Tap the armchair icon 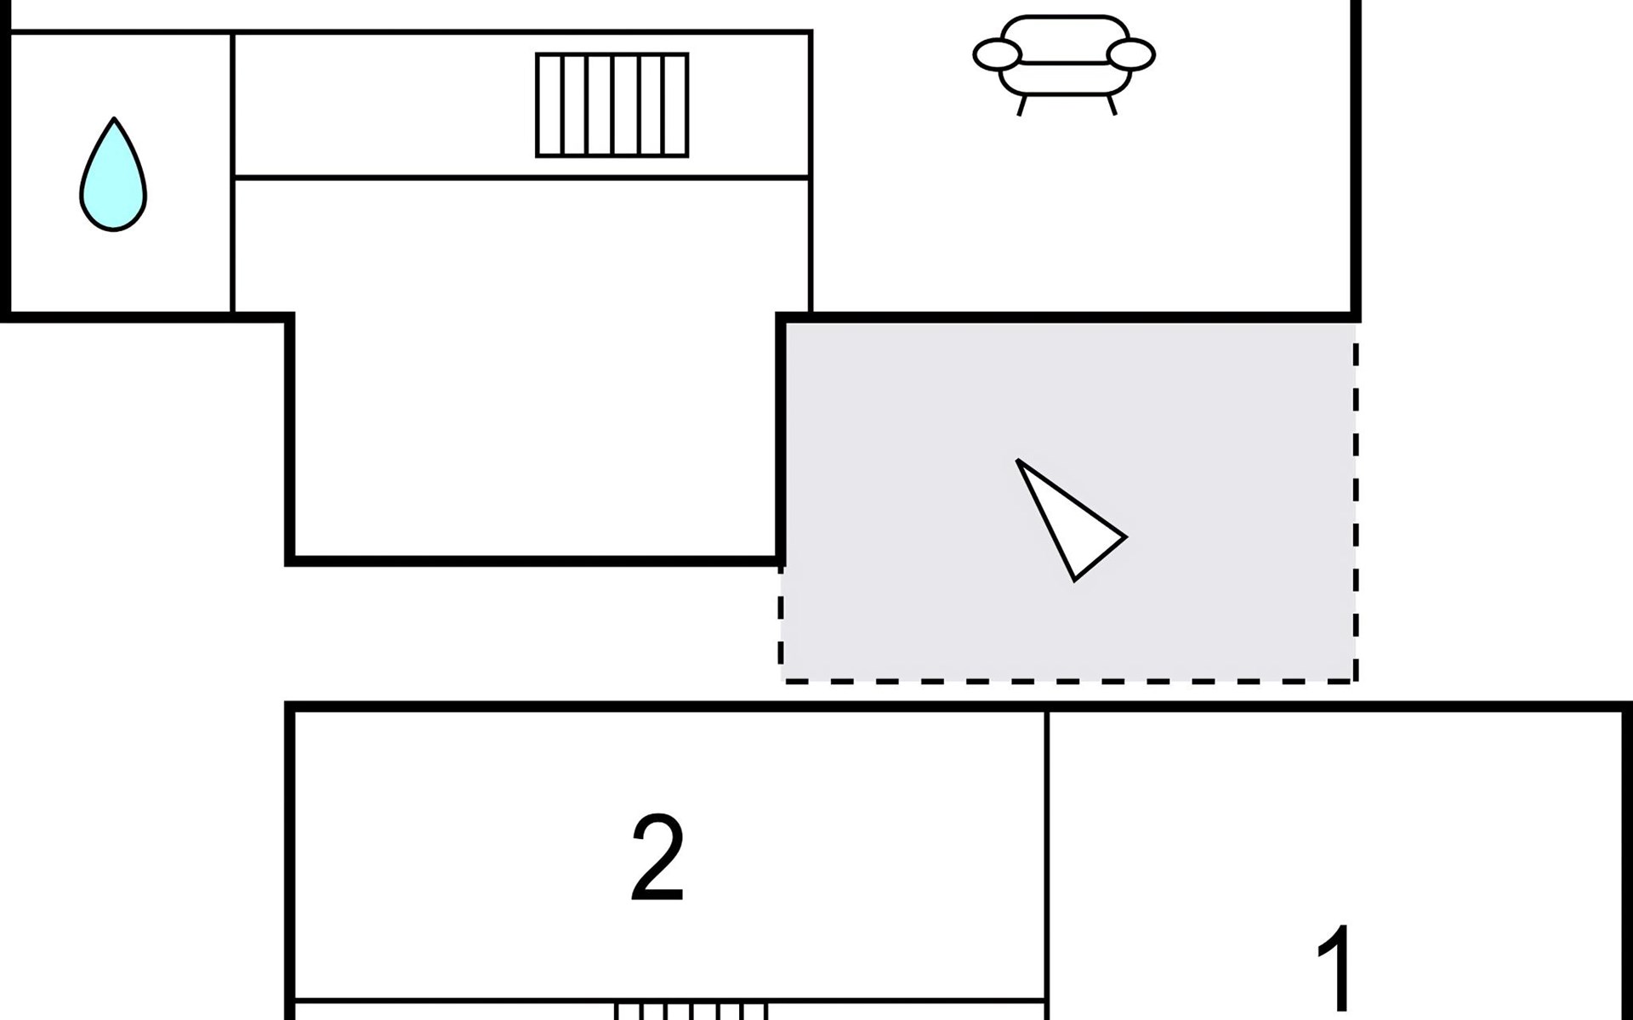[1064, 65]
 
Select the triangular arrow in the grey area [1070, 518]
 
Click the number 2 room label [657, 858]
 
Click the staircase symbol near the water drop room [612, 105]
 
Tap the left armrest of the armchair [996, 54]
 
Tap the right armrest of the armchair [1132, 54]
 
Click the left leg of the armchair [1023, 105]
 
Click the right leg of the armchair [1111, 105]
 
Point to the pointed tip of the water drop [113, 118]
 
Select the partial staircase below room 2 [691, 1011]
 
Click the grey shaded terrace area [1068, 501]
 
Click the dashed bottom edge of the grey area [1068, 680]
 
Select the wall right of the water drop [232, 173]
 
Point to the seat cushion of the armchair [1064, 76]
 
